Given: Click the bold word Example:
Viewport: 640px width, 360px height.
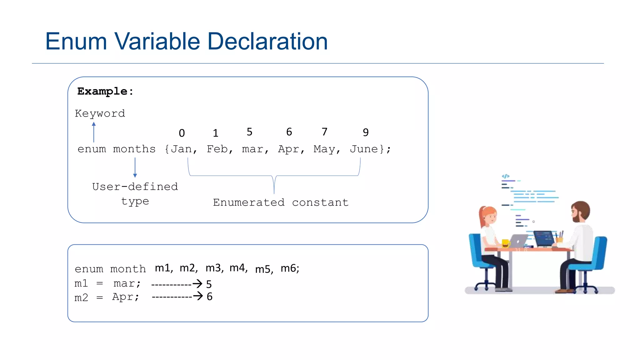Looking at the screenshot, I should [x=105, y=91].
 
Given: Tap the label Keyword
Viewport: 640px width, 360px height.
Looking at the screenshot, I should [x=100, y=113].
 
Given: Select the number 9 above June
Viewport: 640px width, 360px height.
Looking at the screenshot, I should [x=366, y=132].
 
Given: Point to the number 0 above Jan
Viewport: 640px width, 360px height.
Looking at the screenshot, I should [x=182, y=133].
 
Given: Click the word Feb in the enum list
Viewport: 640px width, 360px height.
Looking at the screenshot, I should [x=217, y=149].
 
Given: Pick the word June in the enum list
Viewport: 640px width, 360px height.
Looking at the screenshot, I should [x=364, y=149].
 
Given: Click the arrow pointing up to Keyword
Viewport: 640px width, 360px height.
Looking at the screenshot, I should [x=94, y=132].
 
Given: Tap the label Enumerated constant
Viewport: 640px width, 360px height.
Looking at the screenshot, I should [x=281, y=202].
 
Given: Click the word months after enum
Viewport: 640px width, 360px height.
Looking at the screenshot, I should [x=134, y=149].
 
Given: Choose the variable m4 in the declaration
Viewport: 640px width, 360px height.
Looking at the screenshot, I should [x=237, y=268].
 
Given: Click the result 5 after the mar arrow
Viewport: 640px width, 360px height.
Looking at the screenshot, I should [x=209, y=284].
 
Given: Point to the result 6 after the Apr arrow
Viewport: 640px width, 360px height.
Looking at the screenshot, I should [x=210, y=297].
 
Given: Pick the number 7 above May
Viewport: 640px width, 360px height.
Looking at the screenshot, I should [x=325, y=132].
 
